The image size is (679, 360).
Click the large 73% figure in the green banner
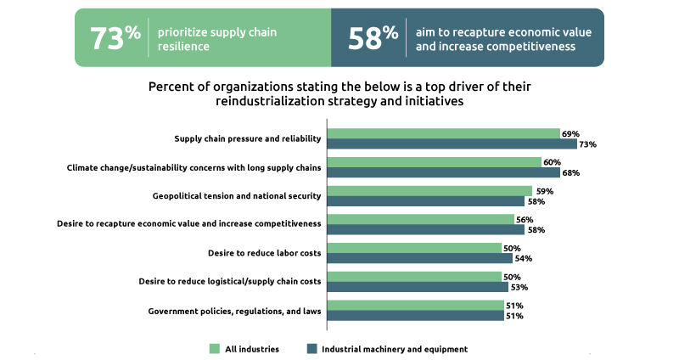(115, 37)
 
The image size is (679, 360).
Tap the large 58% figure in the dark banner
(373, 37)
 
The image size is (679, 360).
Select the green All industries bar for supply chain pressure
(443, 133)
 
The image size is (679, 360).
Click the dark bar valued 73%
(452, 144)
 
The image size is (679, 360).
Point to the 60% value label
(553, 162)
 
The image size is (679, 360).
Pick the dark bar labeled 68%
(443, 173)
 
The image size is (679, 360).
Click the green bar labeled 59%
(429, 191)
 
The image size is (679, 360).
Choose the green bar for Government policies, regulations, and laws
(415, 306)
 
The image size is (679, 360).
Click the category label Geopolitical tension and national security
(237, 196)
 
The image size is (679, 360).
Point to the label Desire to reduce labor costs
(264, 253)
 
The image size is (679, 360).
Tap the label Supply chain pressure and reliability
(248, 138)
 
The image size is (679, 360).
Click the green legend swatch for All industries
(215, 349)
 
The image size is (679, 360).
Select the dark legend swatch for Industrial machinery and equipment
(311, 349)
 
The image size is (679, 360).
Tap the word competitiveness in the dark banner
(535, 47)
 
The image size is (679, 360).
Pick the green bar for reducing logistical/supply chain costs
(414, 277)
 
